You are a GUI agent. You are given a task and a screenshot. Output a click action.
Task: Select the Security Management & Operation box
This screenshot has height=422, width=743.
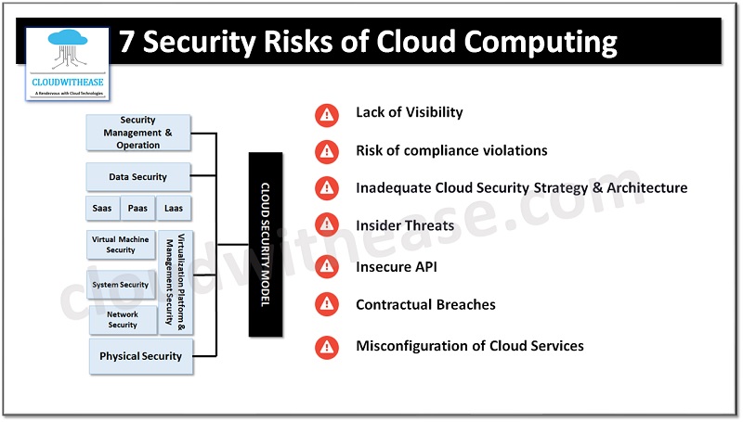click(x=138, y=133)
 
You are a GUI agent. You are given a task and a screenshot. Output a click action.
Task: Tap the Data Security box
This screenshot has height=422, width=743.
click(x=138, y=176)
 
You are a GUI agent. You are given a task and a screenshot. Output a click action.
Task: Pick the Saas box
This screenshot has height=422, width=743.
click(x=102, y=209)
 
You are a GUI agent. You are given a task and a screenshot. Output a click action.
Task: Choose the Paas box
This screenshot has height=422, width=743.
click(x=137, y=209)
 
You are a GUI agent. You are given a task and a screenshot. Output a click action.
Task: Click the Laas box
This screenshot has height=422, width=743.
click(x=174, y=209)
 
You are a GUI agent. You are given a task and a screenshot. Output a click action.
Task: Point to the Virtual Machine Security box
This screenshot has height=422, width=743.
click(x=121, y=245)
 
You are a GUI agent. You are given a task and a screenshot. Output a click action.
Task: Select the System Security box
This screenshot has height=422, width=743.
click(x=121, y=285)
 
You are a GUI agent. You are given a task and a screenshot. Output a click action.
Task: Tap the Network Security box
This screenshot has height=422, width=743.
click(x=123, y=320)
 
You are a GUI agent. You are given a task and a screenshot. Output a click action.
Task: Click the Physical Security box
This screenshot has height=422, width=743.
click(x=141, y=356)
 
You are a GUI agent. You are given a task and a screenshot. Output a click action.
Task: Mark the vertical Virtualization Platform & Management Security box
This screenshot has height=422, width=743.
click(x=176, y=283)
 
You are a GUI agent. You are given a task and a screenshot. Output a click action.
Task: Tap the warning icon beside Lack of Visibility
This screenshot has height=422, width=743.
click(x=326, y=114)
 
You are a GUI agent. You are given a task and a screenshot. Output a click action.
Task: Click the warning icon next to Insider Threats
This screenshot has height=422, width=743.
click(x=326, y=225)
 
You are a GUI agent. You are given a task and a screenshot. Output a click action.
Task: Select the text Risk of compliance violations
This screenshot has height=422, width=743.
click(x=451, y=150)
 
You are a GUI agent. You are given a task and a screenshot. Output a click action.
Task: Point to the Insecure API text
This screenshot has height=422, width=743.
click(x=397, y=267)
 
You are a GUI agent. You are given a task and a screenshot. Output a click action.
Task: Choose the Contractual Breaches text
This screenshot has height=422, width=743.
click(x=425, y=304)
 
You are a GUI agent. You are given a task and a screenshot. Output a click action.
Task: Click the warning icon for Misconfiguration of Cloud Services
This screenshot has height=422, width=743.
click(x=326, y=347)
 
